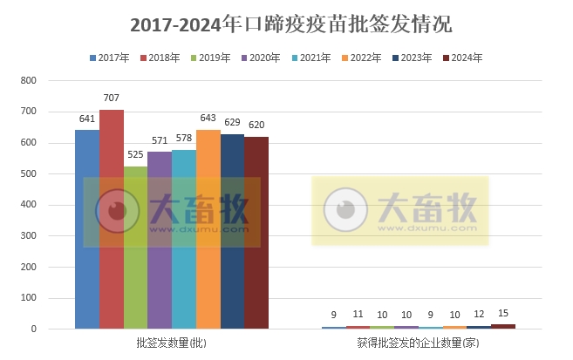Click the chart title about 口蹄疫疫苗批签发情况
(285, 23)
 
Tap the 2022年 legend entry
(360, 58)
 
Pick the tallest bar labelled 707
(112, 219)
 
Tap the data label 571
(160, 141)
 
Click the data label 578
(184, 139)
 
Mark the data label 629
(232, 123)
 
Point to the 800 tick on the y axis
(28, 81)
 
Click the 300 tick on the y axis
(28, 236)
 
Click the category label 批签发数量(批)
(172, 344)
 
